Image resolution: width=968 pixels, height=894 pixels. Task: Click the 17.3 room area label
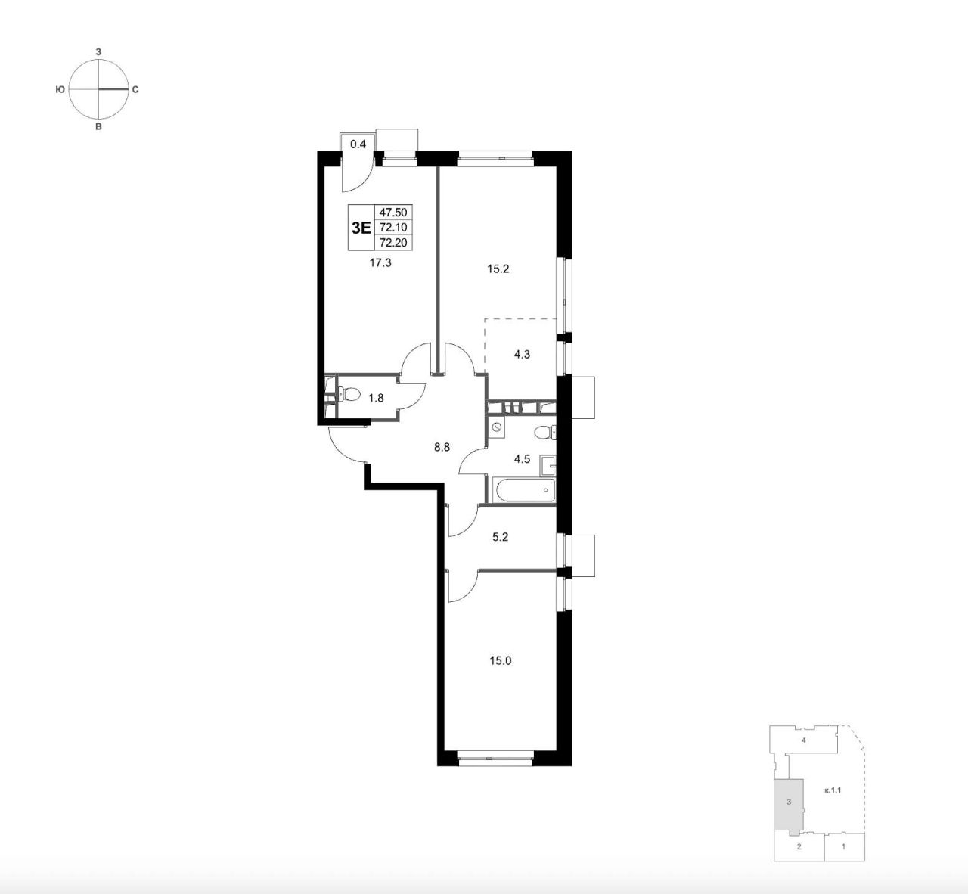click(380, 263)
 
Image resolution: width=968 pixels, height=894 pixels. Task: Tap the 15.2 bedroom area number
click(498, 269)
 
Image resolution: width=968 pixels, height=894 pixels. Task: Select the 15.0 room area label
click(501, 661)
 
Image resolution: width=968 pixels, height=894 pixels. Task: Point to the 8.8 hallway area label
click(442, 447)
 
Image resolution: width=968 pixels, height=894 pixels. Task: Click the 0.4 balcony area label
click(358, 144)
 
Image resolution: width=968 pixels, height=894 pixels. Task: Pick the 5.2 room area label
click(501, 537)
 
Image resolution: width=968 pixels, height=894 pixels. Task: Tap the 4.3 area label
click(522, 355)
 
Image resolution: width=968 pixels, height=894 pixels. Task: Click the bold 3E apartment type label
click(361, 228)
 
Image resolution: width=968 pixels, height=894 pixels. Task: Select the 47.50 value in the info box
click(393, 213)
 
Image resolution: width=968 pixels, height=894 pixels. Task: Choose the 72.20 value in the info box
click(393, 242)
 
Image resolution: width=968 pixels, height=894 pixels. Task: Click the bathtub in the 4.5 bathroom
click(524, 489)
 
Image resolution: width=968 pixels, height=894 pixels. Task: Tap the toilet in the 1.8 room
click(348, 393)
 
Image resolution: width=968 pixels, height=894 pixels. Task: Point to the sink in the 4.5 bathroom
click(548, 467)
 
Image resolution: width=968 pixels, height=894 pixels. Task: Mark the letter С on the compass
click(135, 90)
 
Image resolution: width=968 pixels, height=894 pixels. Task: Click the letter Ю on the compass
click(60, 90)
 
